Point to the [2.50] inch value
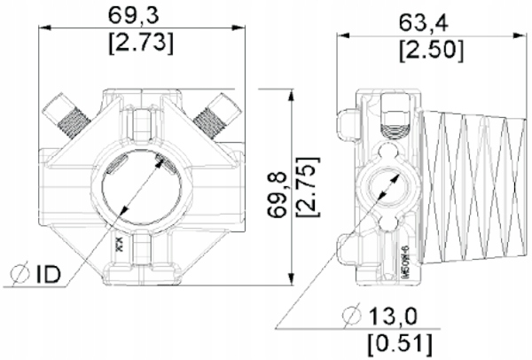(x=428, y=48)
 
